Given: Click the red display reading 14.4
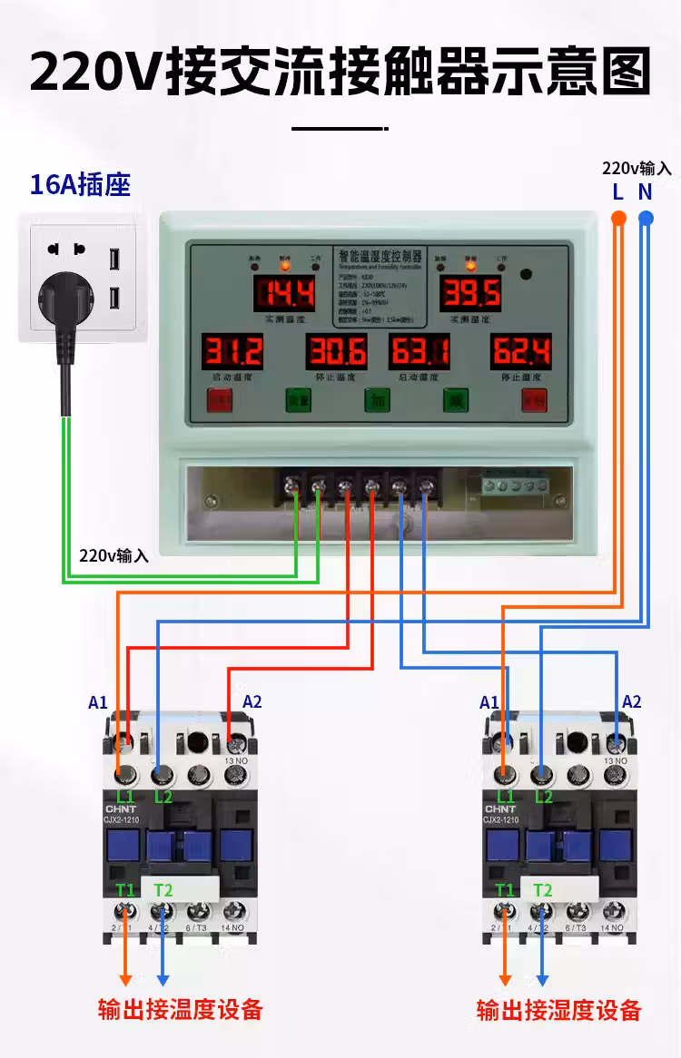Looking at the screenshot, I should (x=283, y=293).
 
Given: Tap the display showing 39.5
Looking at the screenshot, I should (x=471, y=293).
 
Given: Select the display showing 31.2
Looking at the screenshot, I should (x=232, y=350).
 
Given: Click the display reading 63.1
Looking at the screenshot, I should (x=419, y=350).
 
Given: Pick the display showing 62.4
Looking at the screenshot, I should (x=521, y=350).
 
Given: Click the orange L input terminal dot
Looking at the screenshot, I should (x=618, y=218).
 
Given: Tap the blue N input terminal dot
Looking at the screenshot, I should (x=646, y=218).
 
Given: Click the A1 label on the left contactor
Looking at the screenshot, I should (x=98, y=702).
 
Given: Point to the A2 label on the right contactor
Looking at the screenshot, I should (x=632, y=701).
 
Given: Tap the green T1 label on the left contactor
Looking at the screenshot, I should (x=124, y=890).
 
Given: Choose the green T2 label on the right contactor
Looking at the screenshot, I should (x=542, y=890).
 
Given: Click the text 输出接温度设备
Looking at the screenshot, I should (x=181, y=1009).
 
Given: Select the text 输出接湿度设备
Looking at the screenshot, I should (x=559, y=1010).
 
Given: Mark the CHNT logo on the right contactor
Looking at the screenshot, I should (x=500, y=809).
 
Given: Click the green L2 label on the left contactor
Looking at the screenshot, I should (x=163, y=797).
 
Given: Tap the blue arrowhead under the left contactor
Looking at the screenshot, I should (x=163, y=979).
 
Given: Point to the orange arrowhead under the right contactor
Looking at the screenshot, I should (x=506, y=979).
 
